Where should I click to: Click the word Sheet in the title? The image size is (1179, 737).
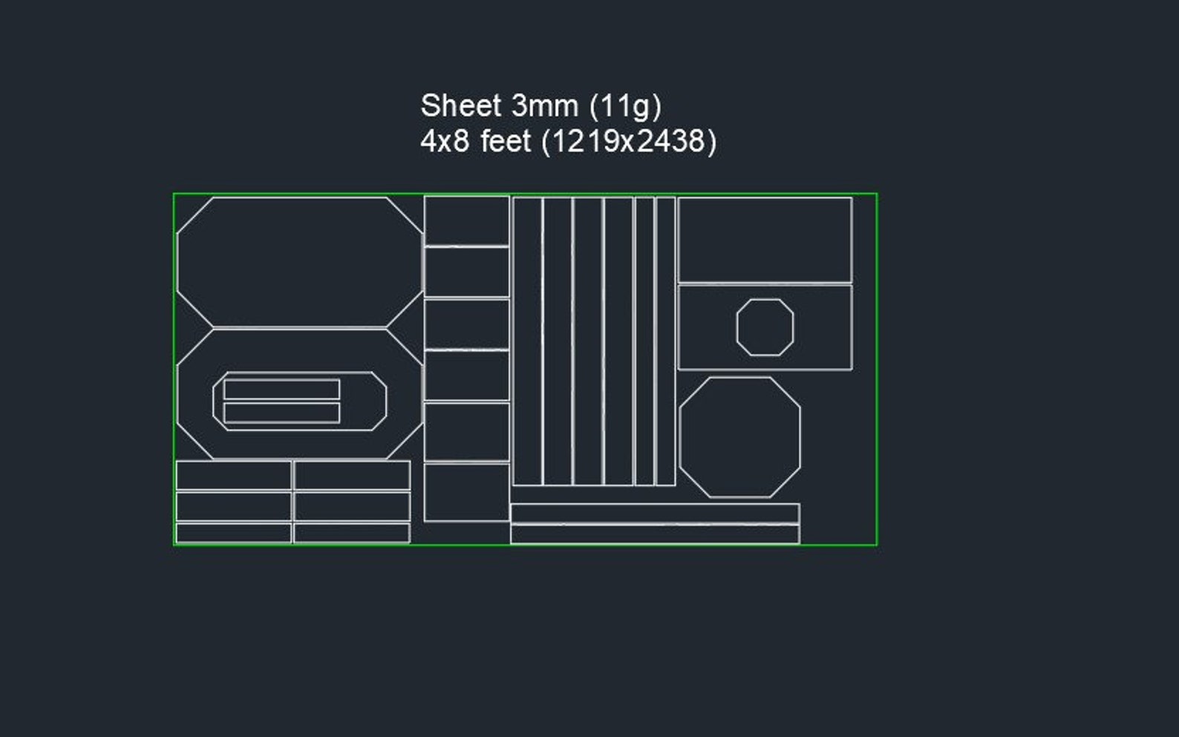(x=460, y=106)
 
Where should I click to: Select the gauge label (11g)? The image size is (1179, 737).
(x=625, y=107)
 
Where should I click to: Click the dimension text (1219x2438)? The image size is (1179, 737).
(x=629, y=142)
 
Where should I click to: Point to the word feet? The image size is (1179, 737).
(x=506, y=141)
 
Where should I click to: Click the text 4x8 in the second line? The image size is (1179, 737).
(x=445, y=141)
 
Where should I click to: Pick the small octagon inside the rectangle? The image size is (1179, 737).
(x=765, y=327)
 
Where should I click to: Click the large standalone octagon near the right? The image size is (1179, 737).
(x=740, y=437)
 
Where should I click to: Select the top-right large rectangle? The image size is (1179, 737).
(x=765, y=240)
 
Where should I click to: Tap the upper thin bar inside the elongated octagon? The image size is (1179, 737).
(x=281, y=390)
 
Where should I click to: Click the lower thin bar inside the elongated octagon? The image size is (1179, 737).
(x=281, y=413)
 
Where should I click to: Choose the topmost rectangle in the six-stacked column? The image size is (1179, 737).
(x=466, y=220)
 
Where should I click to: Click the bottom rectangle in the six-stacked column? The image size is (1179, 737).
(x=466, y=493)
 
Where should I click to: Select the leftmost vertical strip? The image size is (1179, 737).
(x=527, y=341)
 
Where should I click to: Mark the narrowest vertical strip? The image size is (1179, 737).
(x=644, y=341)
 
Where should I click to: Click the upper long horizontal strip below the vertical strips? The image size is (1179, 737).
(x=654, y=514)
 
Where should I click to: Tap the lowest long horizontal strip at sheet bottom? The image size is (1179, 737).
(x=654, y=534)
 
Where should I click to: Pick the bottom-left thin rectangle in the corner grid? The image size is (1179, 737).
(x=233, y=533)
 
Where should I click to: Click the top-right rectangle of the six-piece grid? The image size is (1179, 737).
(x=352, y=475)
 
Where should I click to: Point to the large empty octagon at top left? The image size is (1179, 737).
(x=299, y=261)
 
